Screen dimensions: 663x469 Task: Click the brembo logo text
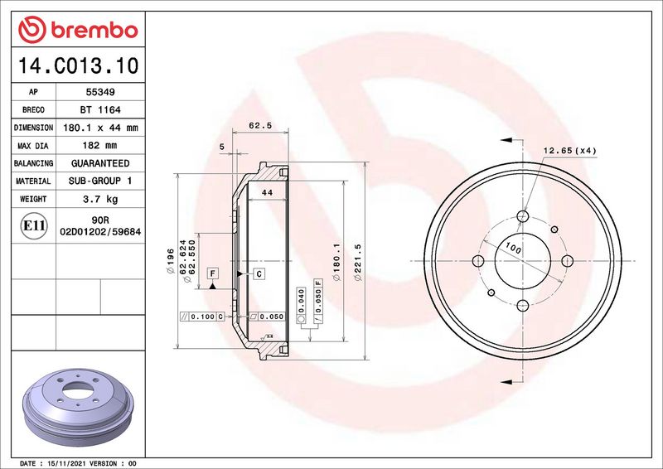point(94,31)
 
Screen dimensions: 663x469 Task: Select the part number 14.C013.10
point(78,65)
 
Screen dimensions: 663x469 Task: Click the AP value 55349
point(100,92)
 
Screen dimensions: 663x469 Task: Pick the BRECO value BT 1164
point(100,110)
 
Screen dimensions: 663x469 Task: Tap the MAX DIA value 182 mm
point(99,146)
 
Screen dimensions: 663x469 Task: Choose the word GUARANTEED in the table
point(100,163)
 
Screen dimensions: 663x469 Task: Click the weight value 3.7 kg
point(100,199)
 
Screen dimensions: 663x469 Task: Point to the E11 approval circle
point(33,225)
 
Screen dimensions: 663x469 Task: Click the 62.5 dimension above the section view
point(260,125)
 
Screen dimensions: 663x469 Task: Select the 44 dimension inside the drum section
point(267,192)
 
